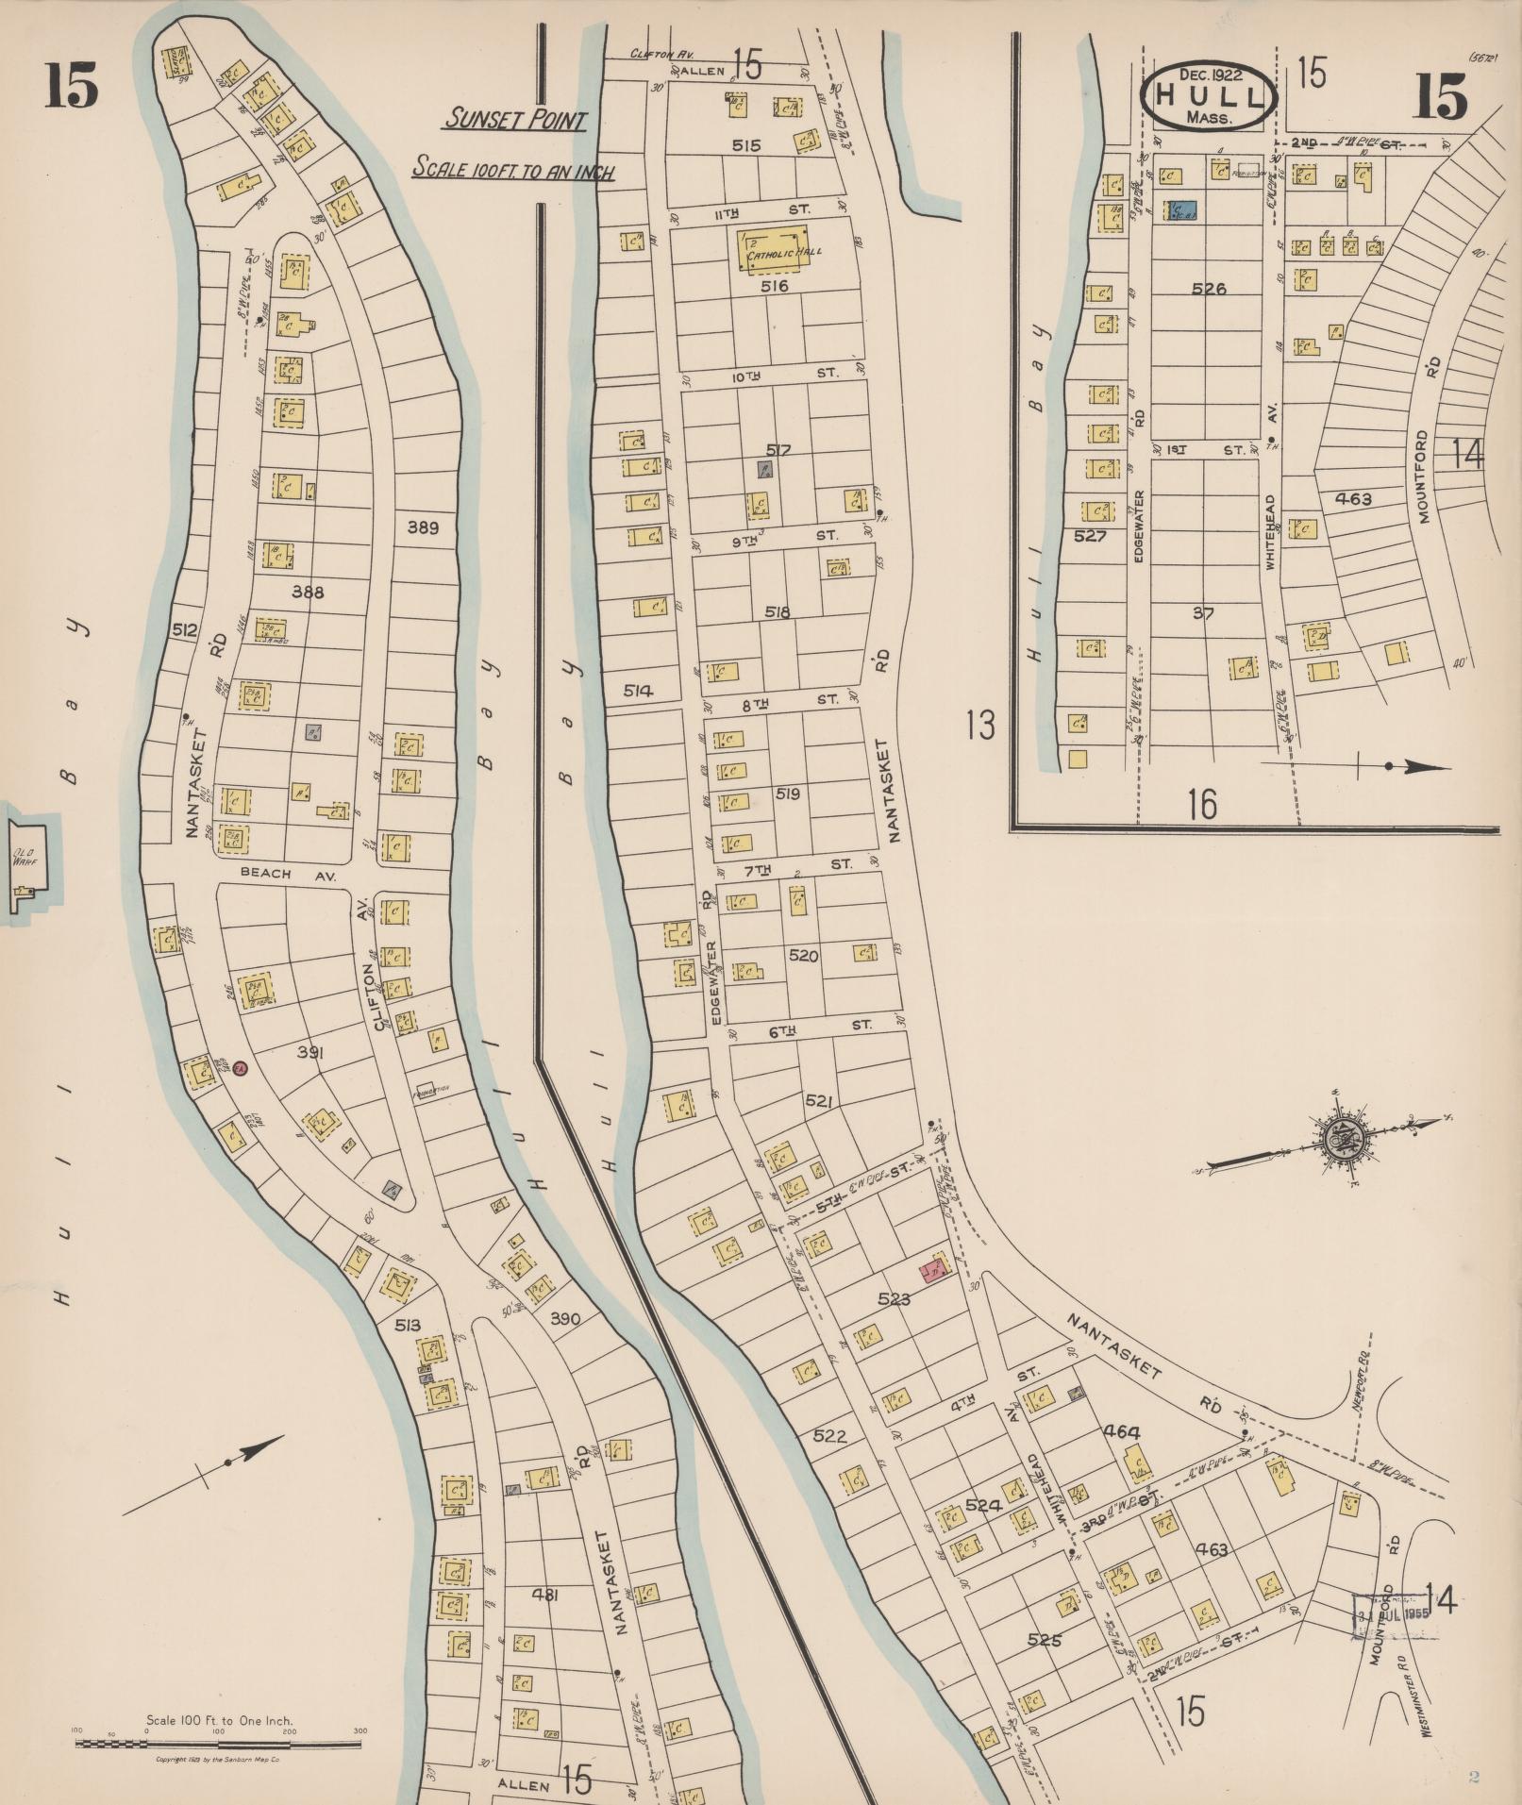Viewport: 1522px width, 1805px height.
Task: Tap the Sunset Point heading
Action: click(516, 121)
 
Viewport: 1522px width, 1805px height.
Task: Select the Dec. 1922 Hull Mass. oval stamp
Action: click(1209, 96)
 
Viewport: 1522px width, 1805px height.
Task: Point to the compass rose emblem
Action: click(1341, 1142)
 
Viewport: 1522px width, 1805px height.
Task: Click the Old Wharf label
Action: click(23, 859)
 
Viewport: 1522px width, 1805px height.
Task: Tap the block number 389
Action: click(423, 527)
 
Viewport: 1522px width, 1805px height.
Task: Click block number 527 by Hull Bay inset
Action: click(1090, 536)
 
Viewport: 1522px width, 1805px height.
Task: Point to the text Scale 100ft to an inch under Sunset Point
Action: click(514, 171)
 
